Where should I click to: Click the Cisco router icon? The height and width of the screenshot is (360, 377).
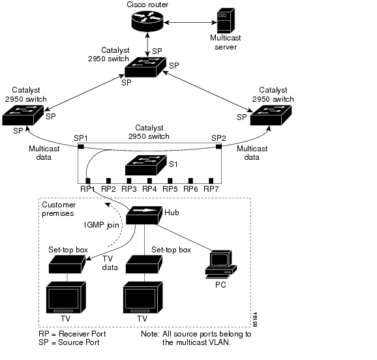click(147, 21)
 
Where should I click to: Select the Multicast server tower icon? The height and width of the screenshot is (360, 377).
click(226, 20)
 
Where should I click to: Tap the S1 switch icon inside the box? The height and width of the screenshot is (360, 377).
click(146, 165)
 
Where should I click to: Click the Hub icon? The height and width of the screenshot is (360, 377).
click(144, 215)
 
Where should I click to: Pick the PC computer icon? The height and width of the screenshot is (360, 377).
click(220, 264)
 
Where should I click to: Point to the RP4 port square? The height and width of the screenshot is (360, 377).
click(149, 181)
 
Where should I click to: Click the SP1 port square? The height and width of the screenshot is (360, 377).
click(81, 147)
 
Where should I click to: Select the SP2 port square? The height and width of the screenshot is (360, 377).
click(219, 147)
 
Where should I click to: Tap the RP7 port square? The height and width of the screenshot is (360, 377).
click(211, 181)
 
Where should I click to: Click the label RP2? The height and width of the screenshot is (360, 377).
click(108, 189)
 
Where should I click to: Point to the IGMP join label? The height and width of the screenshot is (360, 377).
click(102, 225)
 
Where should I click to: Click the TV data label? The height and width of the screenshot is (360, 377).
click(110, 263)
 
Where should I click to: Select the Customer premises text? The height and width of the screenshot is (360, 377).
click(59, 209)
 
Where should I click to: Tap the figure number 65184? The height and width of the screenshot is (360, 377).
click(255, 320)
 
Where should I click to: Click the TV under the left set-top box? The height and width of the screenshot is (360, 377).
click(66, 297)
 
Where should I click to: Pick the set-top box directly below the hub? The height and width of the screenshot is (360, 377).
click(144, 264)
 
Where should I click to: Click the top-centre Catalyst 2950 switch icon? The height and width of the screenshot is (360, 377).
click(145, 67)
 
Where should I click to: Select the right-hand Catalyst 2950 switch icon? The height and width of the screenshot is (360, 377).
click(271, 115)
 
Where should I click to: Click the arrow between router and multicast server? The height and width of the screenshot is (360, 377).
click(190, 22)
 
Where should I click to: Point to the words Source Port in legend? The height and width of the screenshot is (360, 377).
click(79, 342)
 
